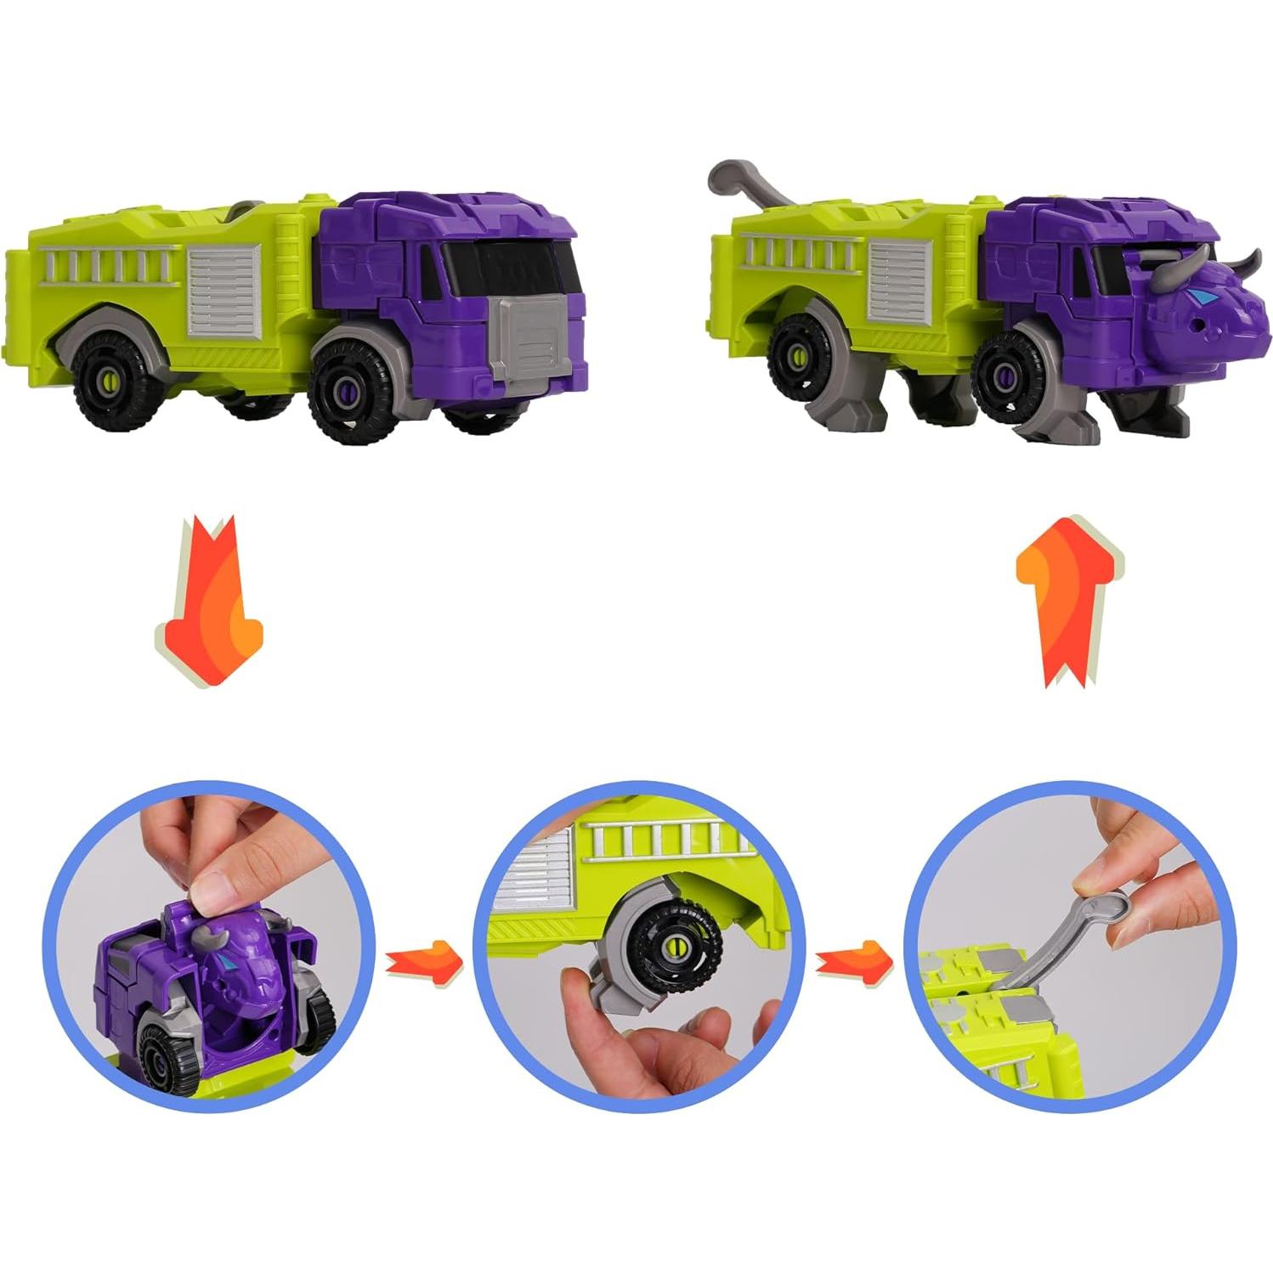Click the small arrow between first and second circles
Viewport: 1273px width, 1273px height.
tap(423, 962)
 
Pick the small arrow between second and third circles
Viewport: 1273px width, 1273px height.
tap(853, 961)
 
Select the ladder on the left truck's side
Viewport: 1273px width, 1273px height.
tap(105, 266)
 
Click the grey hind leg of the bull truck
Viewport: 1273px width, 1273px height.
tap(841, 408)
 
